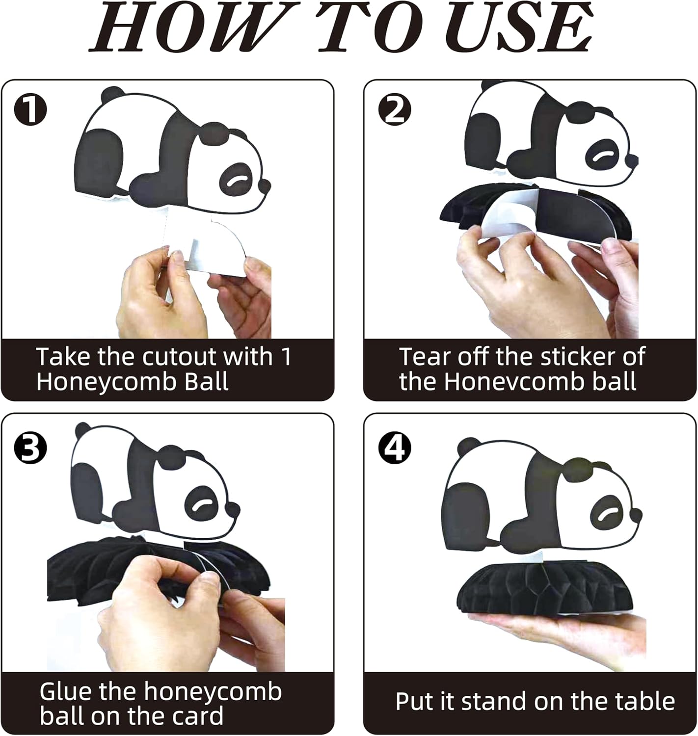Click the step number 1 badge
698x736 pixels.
click(30, 110)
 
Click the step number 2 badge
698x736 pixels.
click(395, 110)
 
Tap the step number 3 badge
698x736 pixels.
click(30, 448)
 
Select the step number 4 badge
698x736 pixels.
click(395, 448)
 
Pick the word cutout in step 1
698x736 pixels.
click(180, 356)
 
